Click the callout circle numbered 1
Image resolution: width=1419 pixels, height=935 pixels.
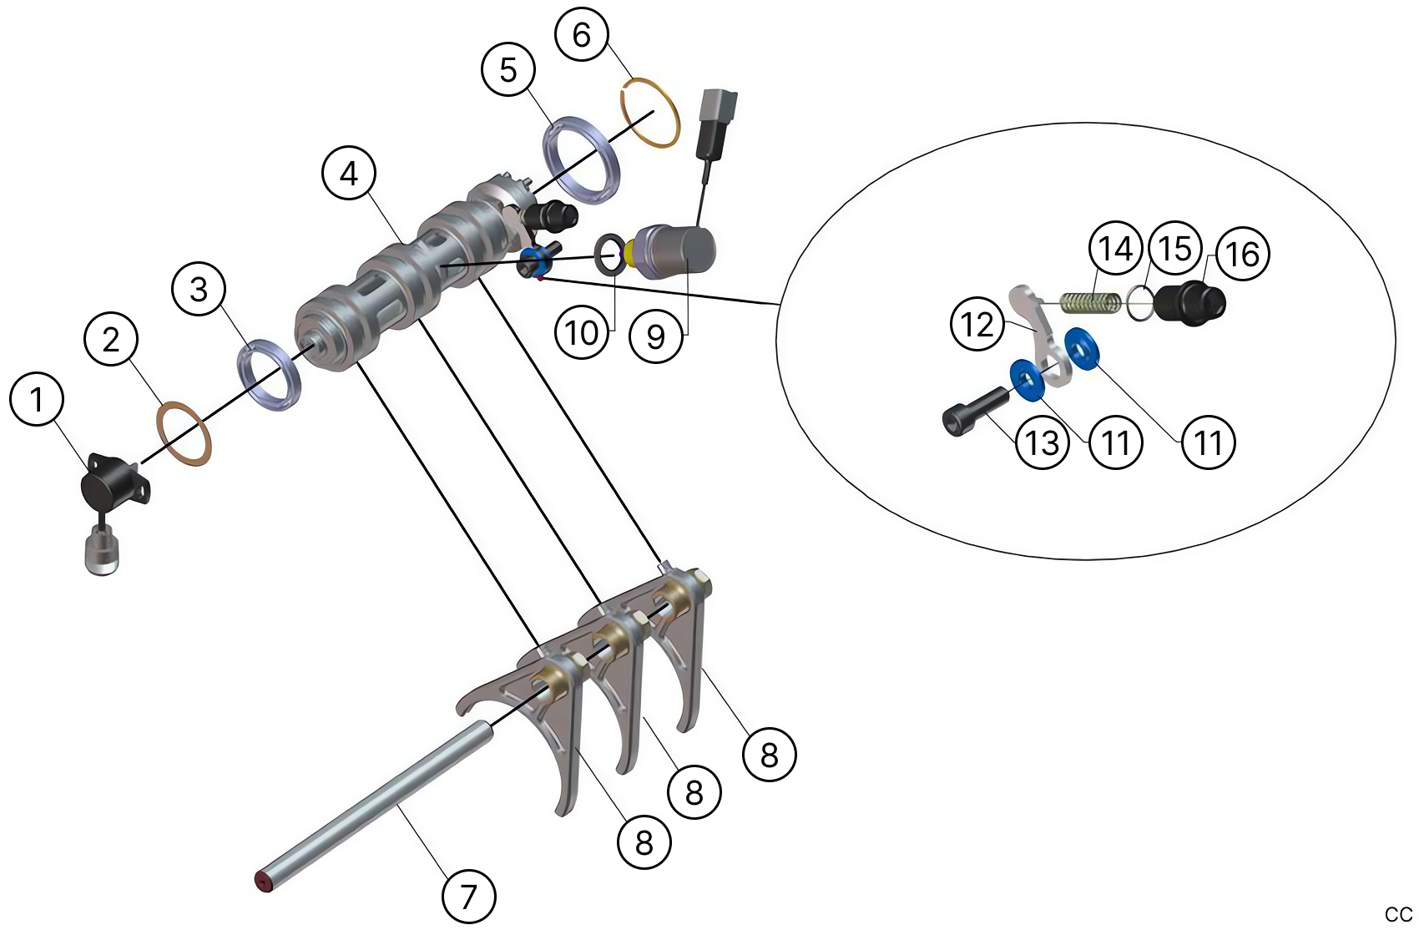37,399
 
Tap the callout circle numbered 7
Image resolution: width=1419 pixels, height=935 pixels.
468,897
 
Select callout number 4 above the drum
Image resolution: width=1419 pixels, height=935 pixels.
349,173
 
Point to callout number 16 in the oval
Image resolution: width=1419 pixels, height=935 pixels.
1243,254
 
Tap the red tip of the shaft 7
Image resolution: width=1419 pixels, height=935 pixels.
264,882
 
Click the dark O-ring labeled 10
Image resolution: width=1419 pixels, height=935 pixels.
609,254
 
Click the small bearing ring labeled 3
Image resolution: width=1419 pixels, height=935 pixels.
269,375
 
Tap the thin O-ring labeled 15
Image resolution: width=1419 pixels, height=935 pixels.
1139,302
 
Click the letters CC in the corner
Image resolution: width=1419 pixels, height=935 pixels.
1398,914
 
